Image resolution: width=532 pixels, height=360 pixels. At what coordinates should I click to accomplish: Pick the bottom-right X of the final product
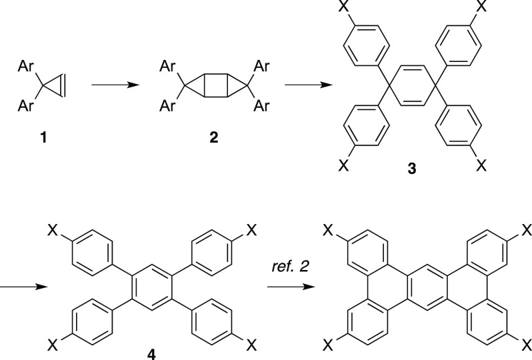tap(525, 346)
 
